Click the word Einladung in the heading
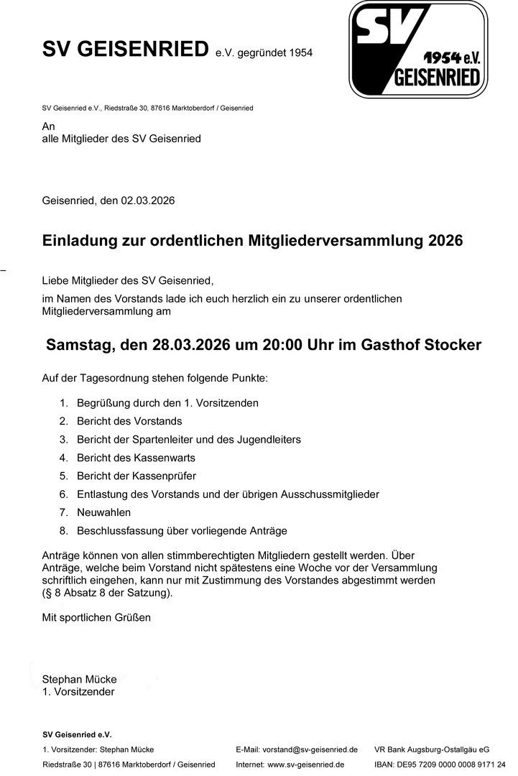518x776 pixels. [x=80, y=240]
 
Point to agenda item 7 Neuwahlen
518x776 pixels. [x=103, y=512]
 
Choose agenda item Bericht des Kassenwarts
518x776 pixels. [x=136, y=458]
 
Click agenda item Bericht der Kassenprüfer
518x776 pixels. [x=136, y=476]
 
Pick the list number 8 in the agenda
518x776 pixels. [x=63, y=531]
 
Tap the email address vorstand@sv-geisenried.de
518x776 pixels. [x=310, y=749]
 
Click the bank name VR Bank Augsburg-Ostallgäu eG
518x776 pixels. [x=432, y=749]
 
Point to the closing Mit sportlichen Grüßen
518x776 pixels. [x=96, y=617]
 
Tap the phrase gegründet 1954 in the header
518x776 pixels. [x=272, y=53]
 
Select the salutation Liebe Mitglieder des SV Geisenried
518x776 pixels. [x=128, y=280]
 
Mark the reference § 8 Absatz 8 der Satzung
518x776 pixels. [x=108, y=593]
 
